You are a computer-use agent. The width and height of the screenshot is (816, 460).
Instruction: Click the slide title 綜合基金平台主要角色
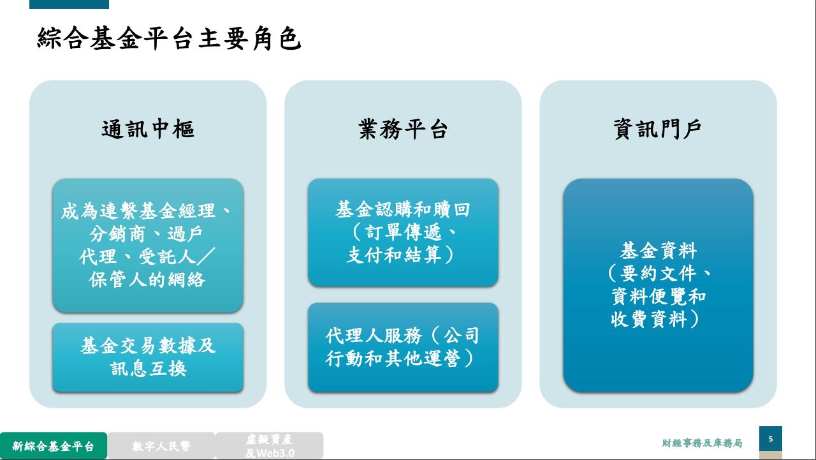coord(169,38)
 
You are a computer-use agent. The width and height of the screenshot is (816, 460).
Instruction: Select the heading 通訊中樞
coord(148,129)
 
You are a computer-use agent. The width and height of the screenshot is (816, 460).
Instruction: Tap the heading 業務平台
coord(403,129)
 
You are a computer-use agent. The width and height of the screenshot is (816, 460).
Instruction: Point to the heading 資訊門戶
coord(658,129)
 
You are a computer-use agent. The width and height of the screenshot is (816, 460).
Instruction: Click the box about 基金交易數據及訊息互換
coord(148,357)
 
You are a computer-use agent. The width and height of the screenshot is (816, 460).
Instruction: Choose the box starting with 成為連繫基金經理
coord(148,245)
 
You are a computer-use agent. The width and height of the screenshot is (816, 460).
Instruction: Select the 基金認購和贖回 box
coord(403,232)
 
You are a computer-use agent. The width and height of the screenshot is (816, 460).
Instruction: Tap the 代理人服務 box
coord(403,347)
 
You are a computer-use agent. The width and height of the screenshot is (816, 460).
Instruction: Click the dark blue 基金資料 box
coord(658,285)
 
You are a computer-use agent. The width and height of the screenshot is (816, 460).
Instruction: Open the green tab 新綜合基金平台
coord(54,446)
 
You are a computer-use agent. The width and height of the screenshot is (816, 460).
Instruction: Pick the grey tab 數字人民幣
coord(161,446)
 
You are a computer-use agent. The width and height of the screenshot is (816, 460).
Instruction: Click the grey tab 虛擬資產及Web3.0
coord(269,446)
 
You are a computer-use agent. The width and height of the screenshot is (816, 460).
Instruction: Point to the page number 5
coord(771,439)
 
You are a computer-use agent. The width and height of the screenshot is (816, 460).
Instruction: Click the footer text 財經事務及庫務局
coord(702,443)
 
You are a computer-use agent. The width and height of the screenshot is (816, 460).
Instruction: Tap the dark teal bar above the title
coord(69,4)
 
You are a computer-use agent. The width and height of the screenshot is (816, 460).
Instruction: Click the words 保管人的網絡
coord(147,279)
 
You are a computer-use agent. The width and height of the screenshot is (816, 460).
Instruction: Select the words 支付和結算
coord(393,255)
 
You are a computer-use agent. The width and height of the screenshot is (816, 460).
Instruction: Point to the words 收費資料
coord(649,319)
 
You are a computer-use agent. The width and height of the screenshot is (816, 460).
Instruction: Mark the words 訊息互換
coord(149,369)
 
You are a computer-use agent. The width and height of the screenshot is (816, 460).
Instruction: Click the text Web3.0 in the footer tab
coord(275,453)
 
